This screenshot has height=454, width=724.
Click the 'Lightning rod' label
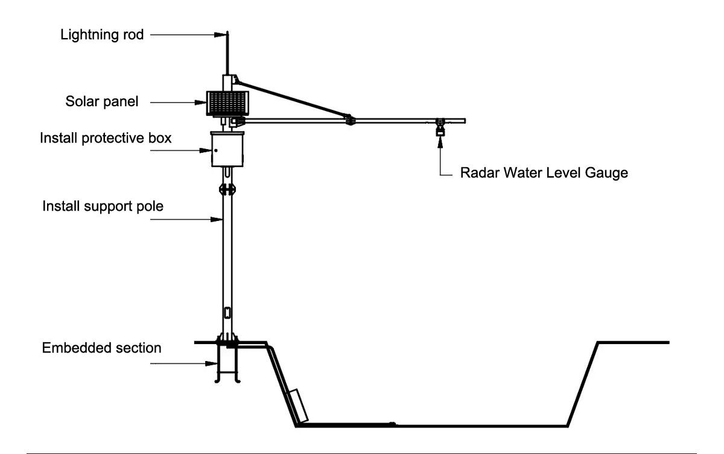tap(102, 34)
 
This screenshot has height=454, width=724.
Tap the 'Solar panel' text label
tap(101, 101)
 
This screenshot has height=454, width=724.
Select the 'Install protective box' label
tap(106, 138)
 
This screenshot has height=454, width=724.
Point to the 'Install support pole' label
tap(103, 206)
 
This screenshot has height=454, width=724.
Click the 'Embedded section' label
tap(101, 348)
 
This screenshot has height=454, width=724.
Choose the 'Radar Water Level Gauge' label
tap(544, 173)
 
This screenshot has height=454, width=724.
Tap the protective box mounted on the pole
tap(227, 149)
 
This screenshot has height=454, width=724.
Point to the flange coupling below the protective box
tap(227, 190)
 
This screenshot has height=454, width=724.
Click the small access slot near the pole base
tap(227, 313)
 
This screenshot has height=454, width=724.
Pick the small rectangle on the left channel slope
tap(299, 406)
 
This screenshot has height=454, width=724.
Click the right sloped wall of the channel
tap(582, 383)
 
